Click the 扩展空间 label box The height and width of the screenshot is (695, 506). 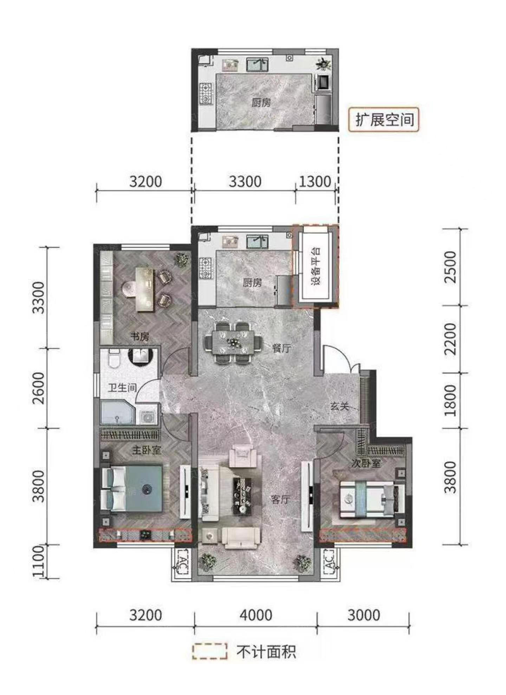click(x=384, y=120)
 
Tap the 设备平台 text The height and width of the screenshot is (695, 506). click(x=316, y=266)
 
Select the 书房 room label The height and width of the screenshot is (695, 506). click(x=140, y=337)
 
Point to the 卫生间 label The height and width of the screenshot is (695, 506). click(x=122, y=388)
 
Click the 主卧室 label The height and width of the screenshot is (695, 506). click(x=146, y=450)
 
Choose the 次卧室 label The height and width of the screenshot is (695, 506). click(x=366, y=463)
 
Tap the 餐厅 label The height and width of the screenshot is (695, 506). click(x=281, y=348)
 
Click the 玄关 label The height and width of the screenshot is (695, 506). click(x=339, y=406)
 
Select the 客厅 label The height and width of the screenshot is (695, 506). click(x=280, y=499)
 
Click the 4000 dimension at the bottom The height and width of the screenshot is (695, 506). click(x=256, y=615)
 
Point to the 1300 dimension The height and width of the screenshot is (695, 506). click(x=315, y=181)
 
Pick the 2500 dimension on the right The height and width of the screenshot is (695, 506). click(x=450, y=267)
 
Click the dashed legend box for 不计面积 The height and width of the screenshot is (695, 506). click(x=209, y=651)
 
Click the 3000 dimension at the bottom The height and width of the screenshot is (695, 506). click(x=364, y=615)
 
